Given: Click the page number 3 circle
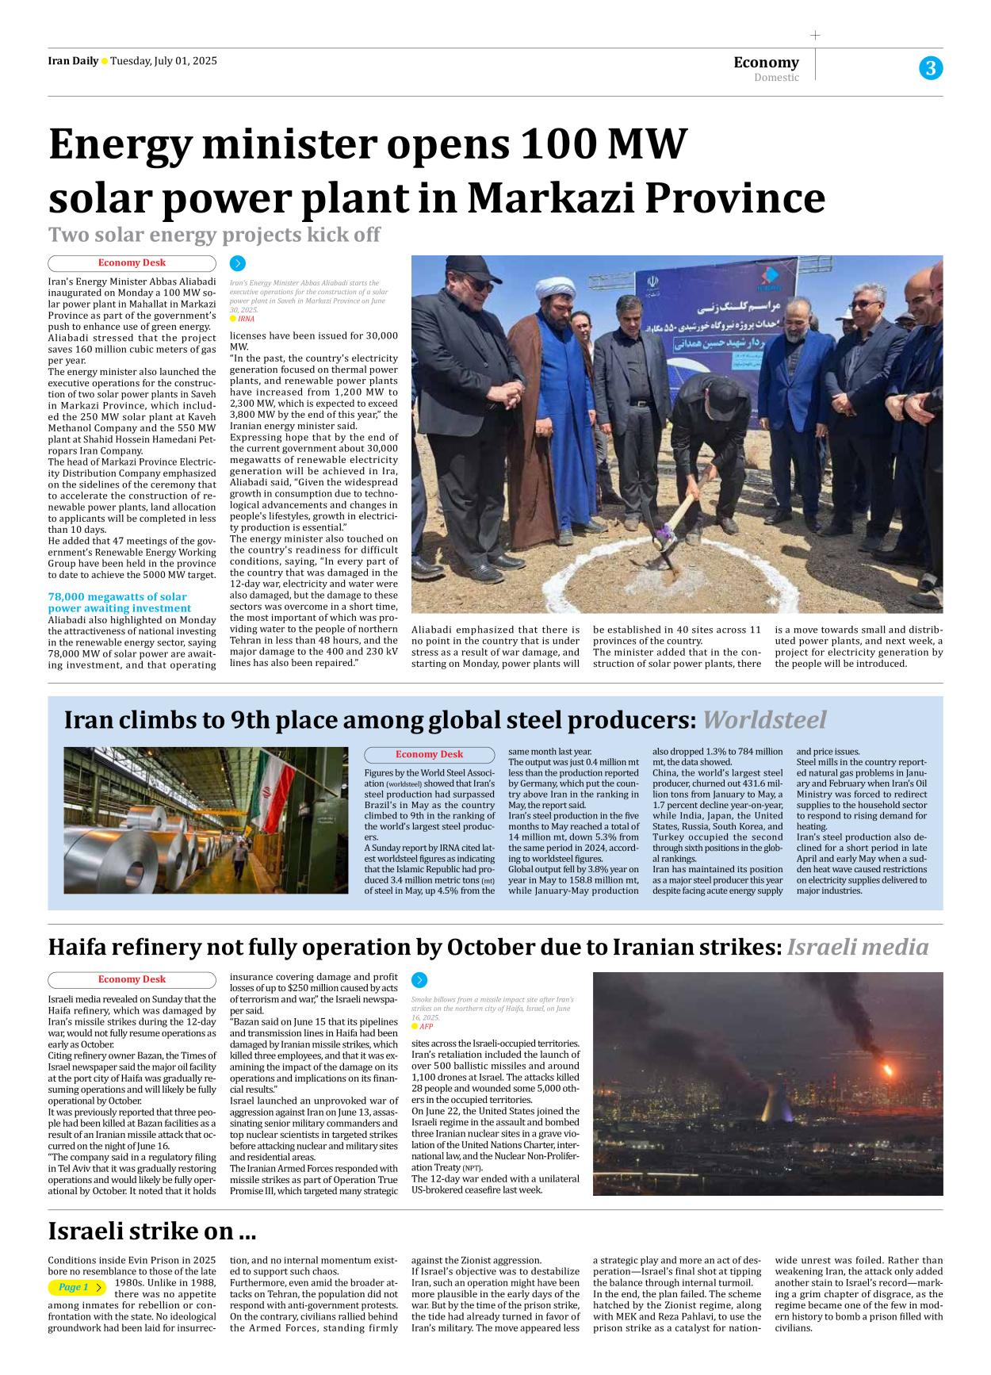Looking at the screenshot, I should pyautogui.click(x=931, y=68).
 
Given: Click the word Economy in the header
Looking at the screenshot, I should pyautogui.click(x=766, y=62).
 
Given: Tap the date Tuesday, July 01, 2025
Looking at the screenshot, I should pyautogui.click(x=163, y=61).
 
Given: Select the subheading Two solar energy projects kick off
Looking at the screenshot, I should pyautogui.click(x=214, y=235).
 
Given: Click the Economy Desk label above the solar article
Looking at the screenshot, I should pyautogui.click(x=132, y=263).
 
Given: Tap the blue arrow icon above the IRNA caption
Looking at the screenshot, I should pyautogui.click(x=238, y=263).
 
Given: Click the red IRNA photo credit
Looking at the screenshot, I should pyautogui.click(x=247, y=319).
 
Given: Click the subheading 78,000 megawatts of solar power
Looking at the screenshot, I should pyautogui.click(x=118, y=603).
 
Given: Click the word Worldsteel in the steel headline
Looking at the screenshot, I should pyautogui.click(x=764, y=720).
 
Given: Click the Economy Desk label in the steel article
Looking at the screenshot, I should pyautogui.click(x=429, y=755).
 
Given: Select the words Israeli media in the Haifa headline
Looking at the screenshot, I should pyautogui.click(x=857, y=947).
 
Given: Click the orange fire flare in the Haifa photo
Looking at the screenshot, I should pyautogui.click(x=887, y=1070).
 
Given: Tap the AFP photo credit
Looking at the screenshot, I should pyautogui.click(x=426, y=1026).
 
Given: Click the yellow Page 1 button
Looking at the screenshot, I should pyautogui.click(x=77, y=1288).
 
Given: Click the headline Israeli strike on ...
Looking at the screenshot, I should pyautogui.click(x=151, y=1231).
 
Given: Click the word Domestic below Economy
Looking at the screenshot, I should pyautogui.click(x=776, y=78).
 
